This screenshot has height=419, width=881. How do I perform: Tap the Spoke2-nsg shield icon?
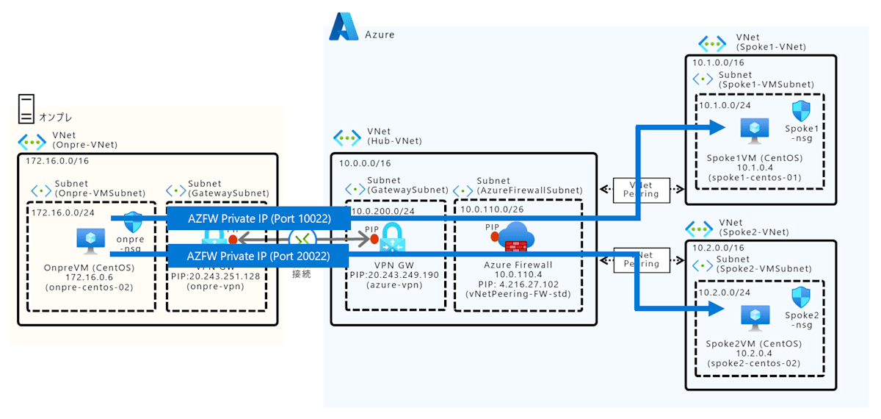pos(800,297)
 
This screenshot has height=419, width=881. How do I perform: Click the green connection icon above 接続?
pos(302,238)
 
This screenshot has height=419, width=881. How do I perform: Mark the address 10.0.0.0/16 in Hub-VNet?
pos(365,163)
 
